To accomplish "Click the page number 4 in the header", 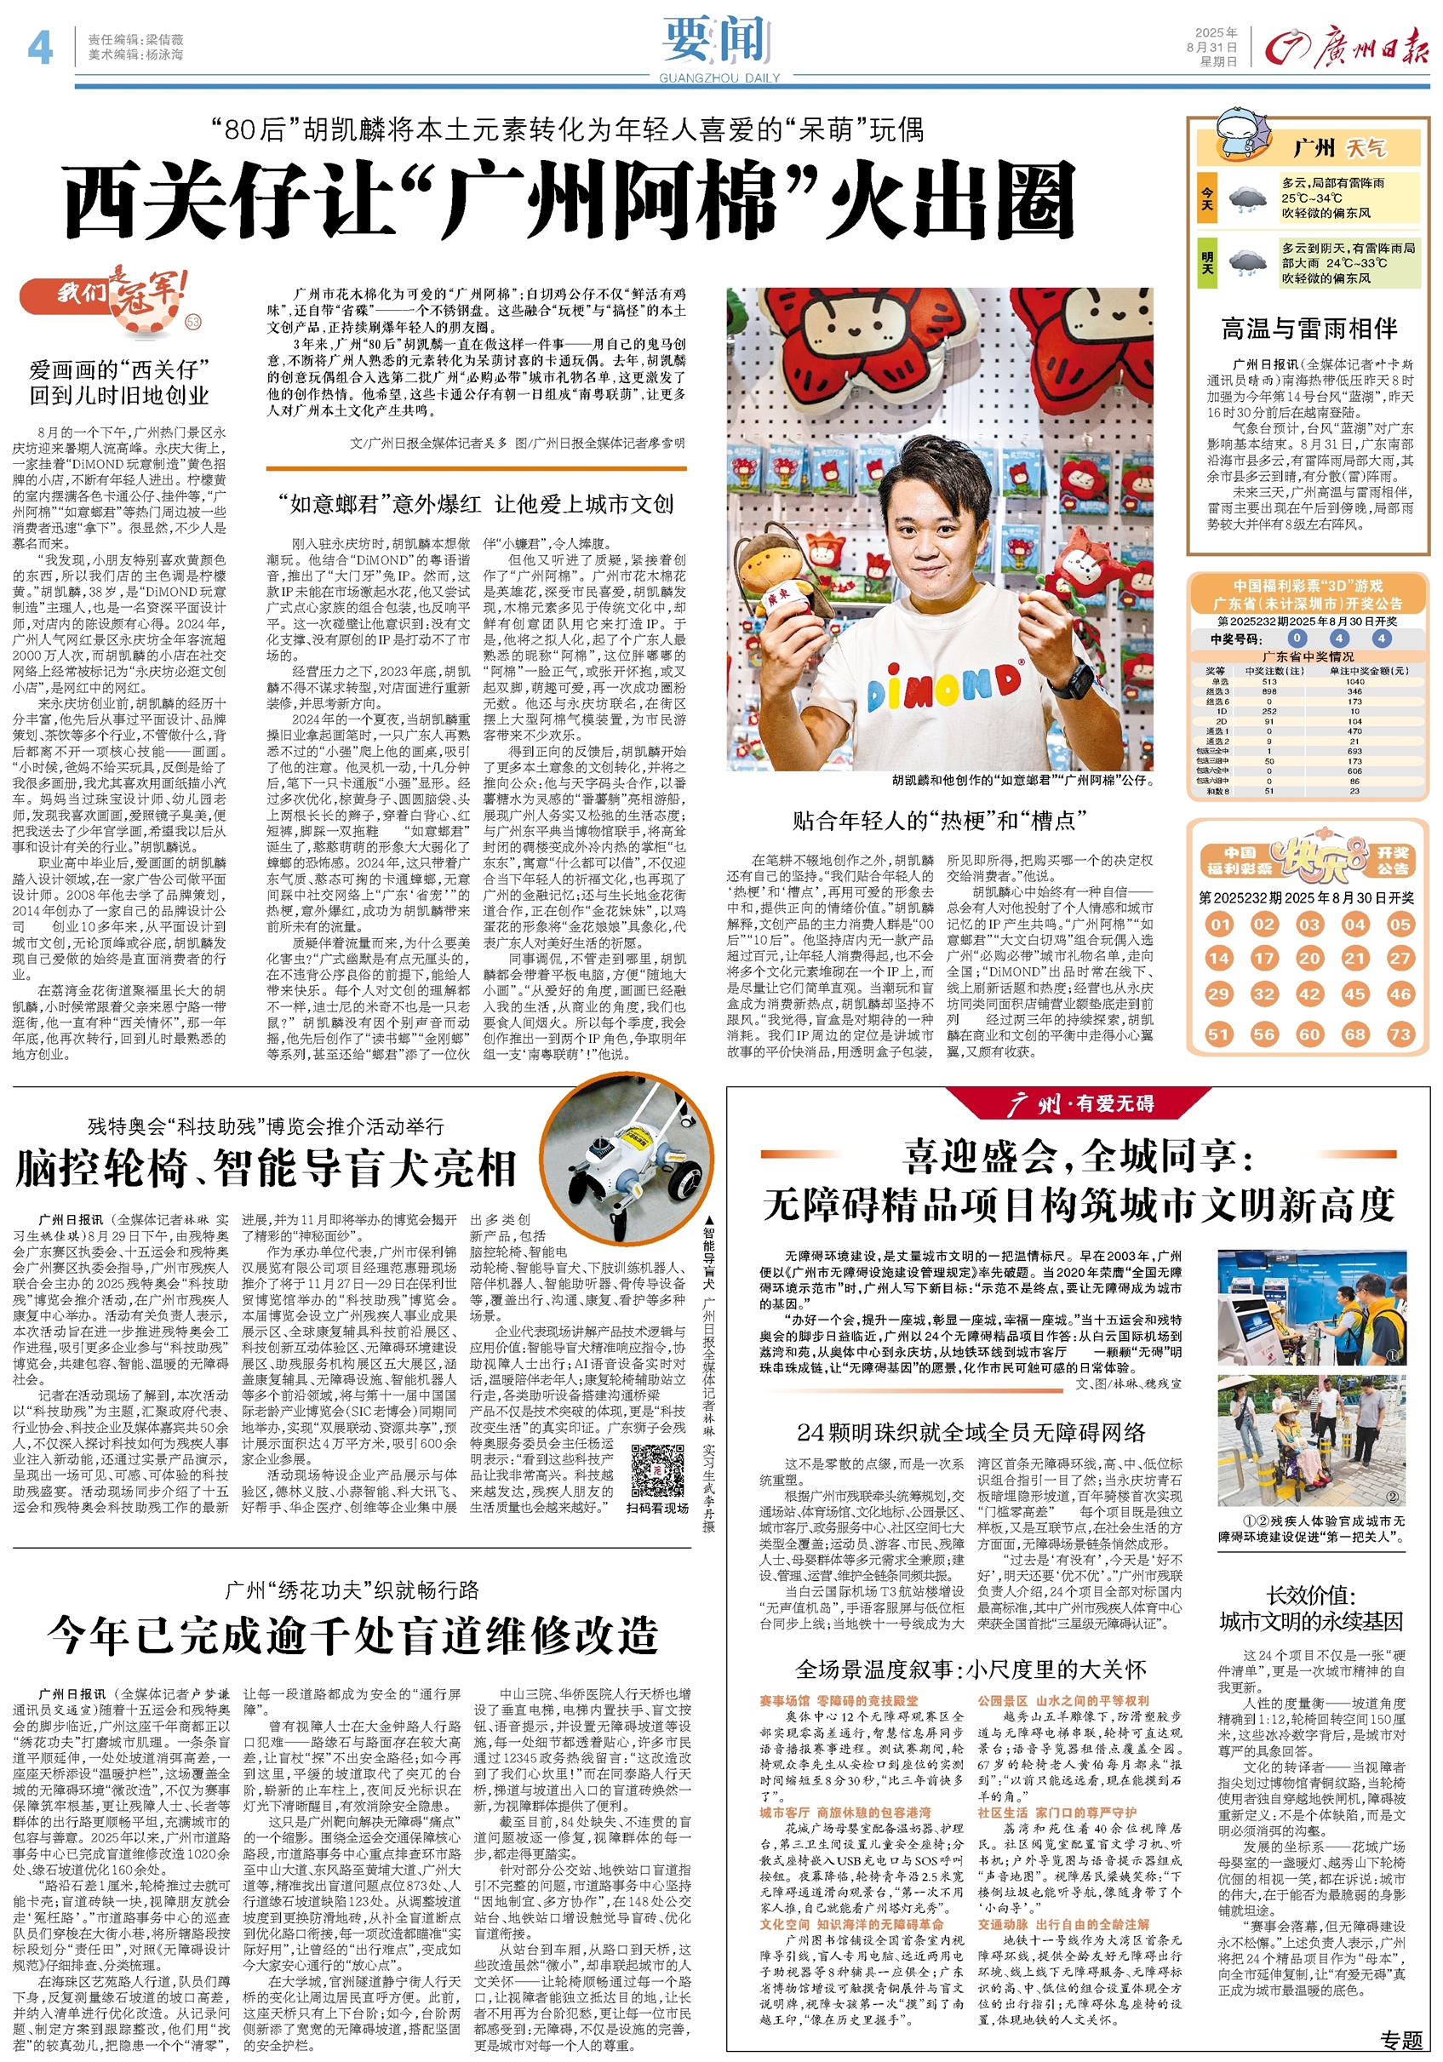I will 39,47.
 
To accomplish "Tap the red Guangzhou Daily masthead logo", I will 1346,48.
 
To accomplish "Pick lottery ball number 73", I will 1400,1034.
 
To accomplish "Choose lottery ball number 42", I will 1309,994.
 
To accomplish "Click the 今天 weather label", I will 1208,198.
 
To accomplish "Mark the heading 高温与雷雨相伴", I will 1308,329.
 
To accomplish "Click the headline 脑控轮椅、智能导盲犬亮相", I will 266,1168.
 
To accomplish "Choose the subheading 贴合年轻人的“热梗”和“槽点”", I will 939,820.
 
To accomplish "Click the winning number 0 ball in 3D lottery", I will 1297,639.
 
